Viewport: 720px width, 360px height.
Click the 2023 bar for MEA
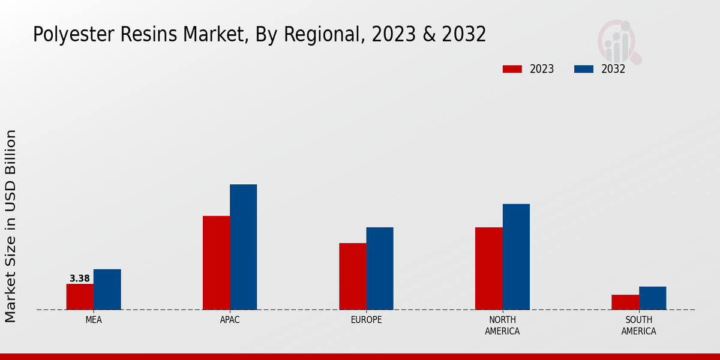80,297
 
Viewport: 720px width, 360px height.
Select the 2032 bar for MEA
107,289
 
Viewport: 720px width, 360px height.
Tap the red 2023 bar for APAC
216,263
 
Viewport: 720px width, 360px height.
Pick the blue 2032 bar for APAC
243,247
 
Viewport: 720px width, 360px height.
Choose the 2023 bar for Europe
352,277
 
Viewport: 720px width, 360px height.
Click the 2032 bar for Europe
380,269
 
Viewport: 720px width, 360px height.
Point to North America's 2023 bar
488,269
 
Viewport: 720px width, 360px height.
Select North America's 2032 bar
516,257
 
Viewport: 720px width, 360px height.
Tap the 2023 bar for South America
625,302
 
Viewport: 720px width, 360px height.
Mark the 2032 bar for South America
652,298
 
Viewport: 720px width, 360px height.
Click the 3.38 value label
80,278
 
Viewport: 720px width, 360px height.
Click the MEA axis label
94,320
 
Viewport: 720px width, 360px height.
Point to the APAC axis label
230,320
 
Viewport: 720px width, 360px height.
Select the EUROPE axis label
366,320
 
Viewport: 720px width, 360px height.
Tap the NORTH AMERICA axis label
502,326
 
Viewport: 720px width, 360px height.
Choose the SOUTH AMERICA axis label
638,326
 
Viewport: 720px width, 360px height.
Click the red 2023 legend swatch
512,69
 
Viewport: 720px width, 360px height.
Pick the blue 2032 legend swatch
584,69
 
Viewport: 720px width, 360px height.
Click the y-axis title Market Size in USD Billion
11,226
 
